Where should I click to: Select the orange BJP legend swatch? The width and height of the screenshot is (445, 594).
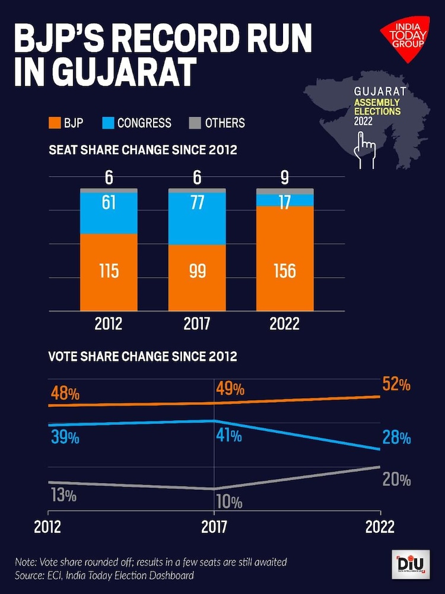(x=55, y=123)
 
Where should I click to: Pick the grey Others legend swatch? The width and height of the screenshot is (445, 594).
(x=195, y=123)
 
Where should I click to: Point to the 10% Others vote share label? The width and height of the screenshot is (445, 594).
(x=228, y=503)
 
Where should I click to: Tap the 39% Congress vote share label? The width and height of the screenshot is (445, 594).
(x=65, y=438)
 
